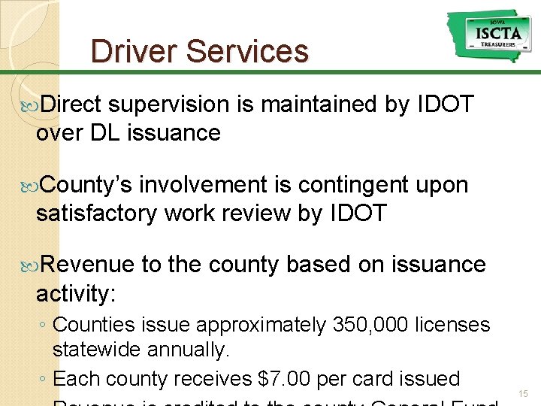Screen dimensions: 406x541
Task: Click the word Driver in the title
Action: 133,51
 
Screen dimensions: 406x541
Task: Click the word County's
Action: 85,185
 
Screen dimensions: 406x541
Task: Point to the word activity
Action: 77,293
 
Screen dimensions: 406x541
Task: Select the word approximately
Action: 259,326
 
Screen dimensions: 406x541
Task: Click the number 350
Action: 349,326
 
